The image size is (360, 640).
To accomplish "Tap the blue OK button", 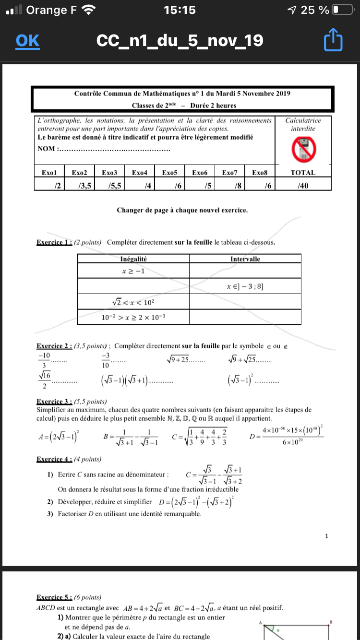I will (x=27, y=41).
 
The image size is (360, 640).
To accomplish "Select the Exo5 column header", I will (x=170, y=172).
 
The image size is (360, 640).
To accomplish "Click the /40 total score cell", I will (x=303, y=185).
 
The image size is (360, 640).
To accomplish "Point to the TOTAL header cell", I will (x=303, y=172).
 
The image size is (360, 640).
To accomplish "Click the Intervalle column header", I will (x=245, y=259).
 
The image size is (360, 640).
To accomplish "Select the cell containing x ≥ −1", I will (x=133, y=272).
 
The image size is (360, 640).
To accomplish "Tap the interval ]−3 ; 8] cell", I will (x=245, y=287).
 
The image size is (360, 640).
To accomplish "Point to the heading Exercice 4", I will (x=54, y=459).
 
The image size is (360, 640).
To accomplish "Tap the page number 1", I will (x=326, y=536).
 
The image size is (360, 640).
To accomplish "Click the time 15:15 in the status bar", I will (x=180, y=10).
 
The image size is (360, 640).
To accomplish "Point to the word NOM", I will (x=47, y=149).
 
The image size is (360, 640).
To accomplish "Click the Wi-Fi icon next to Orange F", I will (x=88, y=10).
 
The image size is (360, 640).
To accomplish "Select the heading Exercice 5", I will (x=54, y=597).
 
